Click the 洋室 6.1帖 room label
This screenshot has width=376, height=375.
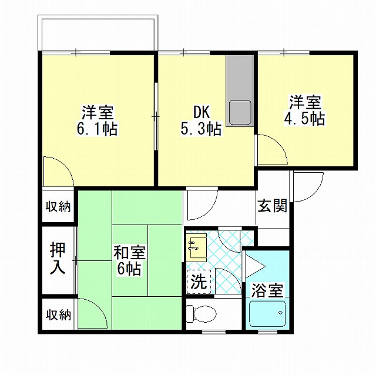[x=97, y=120]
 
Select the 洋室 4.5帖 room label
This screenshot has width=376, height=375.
[x=305, y=110]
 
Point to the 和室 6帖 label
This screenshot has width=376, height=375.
[x=129, y=260]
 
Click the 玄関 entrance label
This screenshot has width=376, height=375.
[x=272, y=206]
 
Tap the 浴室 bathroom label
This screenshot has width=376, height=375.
[x=267, y=290]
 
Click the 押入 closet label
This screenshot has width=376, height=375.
[x=58, y=259]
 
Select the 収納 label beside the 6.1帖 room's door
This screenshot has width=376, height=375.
[x=58, y=206]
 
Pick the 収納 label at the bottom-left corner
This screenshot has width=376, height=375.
[x=59, y=315]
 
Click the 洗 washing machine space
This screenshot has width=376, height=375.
[x=199, y=282]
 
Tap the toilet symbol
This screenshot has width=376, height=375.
[x=201, y=314]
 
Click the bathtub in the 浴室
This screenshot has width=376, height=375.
[x=267, y=314]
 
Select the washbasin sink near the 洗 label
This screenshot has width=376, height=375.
[x=197, y=247]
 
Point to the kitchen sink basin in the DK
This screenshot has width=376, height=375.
[x=240, y=113]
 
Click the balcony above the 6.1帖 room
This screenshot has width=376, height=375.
[x=98, y=33]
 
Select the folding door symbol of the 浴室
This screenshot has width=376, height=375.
[x=254, y=266]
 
